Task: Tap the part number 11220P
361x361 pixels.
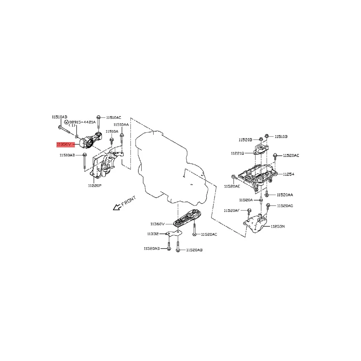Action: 95,186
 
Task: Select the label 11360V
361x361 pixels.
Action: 158,224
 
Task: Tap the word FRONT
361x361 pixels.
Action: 129,201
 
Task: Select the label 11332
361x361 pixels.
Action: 153,234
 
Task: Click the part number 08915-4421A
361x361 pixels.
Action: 82,122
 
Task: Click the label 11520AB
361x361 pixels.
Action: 194,250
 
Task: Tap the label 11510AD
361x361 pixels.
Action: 67,155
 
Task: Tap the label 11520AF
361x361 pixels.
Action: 232,211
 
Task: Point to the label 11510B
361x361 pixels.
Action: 281,137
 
